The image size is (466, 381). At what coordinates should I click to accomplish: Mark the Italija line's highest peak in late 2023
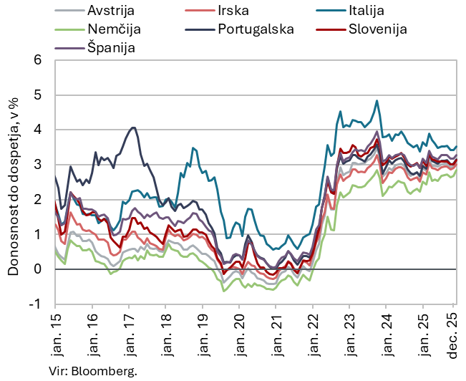(x=377, y=101)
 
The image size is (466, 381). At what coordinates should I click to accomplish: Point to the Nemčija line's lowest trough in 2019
(x=223, y=291)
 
